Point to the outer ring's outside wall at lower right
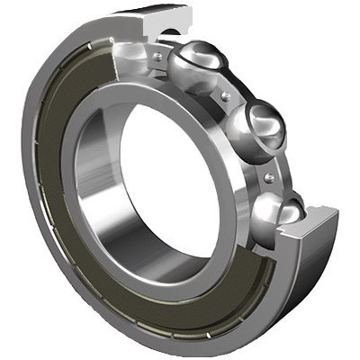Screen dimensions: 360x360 tap(297, 288)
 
